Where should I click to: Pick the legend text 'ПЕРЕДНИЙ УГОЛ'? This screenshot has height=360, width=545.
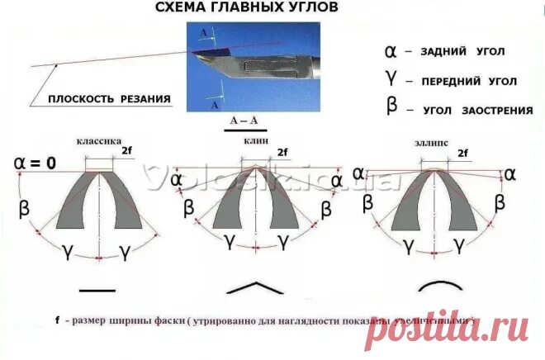coord(469,81)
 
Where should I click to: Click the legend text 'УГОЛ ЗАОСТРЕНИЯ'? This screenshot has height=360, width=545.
coord(474,110)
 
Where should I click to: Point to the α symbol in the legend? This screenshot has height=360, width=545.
coord(391,50)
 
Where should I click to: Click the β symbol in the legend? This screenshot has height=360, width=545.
coord(391,107)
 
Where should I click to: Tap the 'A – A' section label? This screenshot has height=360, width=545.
coord(243,121)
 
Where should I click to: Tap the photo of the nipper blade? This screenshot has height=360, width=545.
coord(252,66)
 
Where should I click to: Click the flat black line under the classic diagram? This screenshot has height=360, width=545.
coord(98,289)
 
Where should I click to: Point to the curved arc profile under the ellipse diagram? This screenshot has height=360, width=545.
coord(438,285)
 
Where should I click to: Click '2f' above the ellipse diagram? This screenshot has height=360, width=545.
coord(462,153)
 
